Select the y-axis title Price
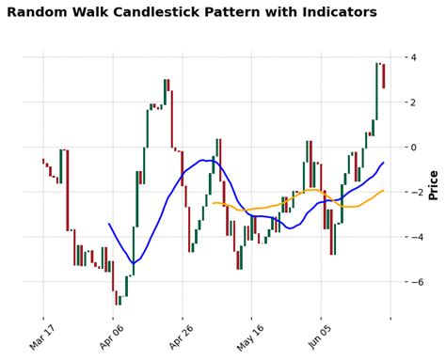(433, 185)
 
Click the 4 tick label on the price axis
(411, 57)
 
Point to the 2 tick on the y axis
(411, 102)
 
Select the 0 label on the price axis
(411, 148)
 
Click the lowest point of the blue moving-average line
(134, 262)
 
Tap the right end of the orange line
(383, 191)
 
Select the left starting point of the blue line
(109, 224)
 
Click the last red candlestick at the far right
(383, 75)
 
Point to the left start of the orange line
(213, 203)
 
